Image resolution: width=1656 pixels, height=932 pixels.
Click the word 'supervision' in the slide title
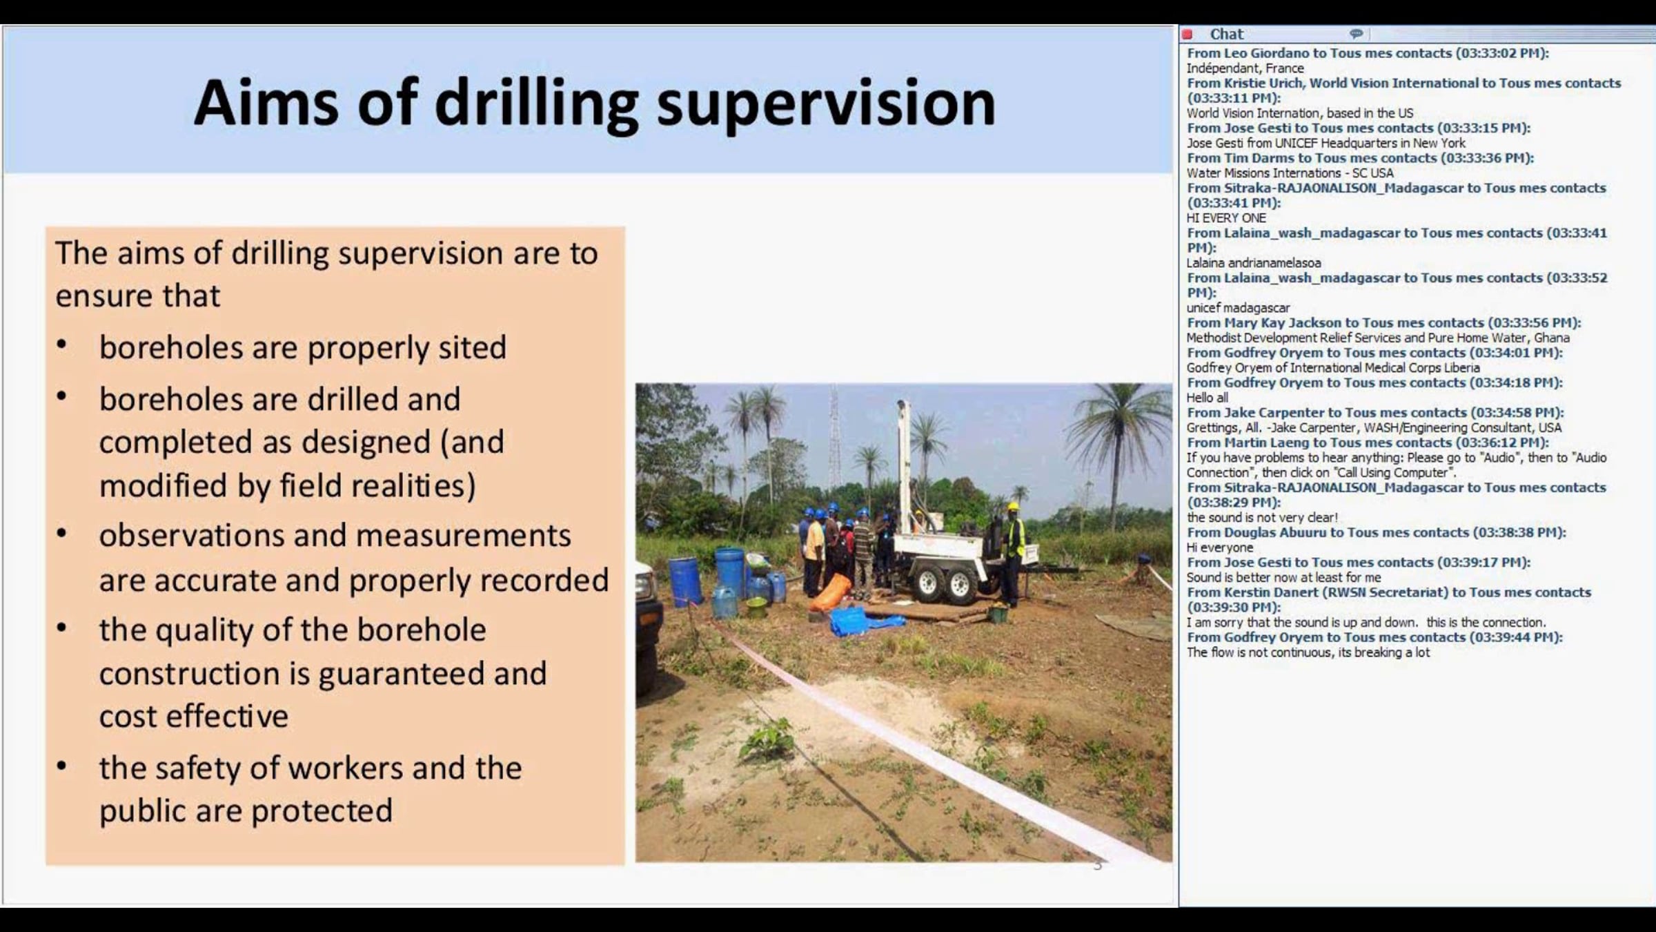tap(826, 104)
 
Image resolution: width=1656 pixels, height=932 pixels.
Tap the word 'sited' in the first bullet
tap(473, 347)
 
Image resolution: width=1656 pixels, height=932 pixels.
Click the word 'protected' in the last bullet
tap(322, 810)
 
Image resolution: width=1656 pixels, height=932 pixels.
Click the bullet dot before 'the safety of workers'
tap(62, 766)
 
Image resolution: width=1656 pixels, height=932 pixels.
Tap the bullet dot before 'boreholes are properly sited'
tap(62, 344)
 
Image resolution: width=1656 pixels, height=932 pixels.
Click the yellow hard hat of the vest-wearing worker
tap(1013, 506)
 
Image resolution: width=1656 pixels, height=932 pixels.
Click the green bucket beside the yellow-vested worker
tap(998, 612)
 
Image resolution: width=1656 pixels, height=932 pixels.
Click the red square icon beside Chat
tap(1187, 35)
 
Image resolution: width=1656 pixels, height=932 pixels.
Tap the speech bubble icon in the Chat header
tap(1356, 34)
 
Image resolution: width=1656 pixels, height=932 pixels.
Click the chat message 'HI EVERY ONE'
tap(1226, 218)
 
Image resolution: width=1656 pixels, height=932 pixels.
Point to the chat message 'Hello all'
tap(1207, 398)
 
